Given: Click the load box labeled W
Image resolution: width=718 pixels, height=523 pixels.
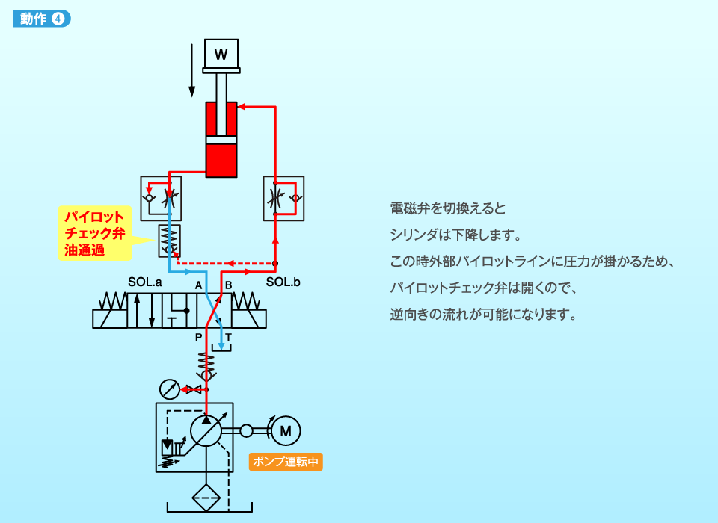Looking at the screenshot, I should click(221, 53).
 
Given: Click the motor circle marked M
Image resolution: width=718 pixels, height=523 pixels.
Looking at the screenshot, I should click(284, 430).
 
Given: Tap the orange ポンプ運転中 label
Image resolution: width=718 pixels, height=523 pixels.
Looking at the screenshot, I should click(286, 462).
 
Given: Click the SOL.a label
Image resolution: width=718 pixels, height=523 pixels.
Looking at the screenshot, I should click(145, 282).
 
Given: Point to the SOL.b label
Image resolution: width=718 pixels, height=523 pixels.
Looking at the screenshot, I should click(284, 282).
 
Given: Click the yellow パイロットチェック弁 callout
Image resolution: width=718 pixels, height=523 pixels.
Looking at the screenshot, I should click(94, 234).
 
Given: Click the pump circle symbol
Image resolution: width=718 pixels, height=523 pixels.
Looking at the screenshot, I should click(206, 431).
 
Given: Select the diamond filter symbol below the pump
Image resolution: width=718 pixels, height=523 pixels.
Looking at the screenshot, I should click(206, 496).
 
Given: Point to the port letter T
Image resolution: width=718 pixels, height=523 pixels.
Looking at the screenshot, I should click(229, 338).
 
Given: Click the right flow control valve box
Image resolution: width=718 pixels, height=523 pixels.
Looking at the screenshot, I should click(283, 199).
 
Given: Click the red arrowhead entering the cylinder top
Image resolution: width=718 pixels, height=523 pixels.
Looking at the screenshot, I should click(242, 107).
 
